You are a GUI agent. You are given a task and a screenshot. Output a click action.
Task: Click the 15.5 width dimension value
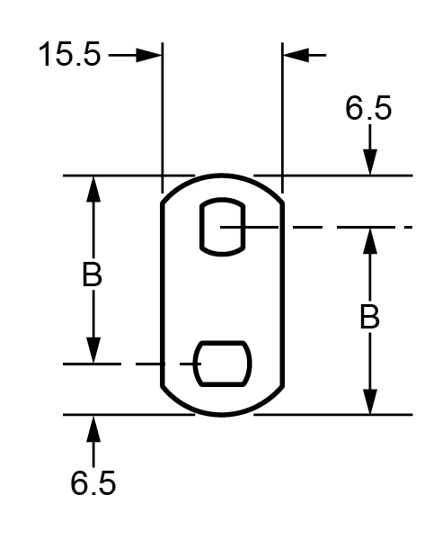pos(69,55)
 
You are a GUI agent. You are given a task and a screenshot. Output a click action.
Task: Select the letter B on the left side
pos(92,275)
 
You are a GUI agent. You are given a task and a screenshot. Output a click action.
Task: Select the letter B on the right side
pos(368,317)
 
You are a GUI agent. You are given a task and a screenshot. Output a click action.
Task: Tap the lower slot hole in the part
pos(224,364)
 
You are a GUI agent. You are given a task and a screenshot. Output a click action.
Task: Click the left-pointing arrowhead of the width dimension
pos(295,55)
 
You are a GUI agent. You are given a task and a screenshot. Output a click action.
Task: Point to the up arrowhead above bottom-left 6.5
pos(93,428)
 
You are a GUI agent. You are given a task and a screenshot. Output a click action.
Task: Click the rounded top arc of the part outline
pos(223,175)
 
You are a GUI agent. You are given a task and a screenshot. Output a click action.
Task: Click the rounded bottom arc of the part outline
pos(223,414)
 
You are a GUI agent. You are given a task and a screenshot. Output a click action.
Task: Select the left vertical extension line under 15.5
pos(163,117)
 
